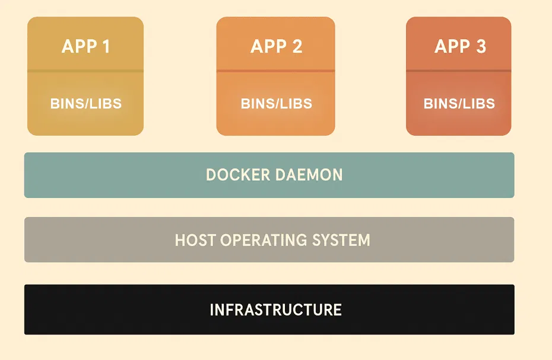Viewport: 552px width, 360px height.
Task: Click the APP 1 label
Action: (x=85, y=46)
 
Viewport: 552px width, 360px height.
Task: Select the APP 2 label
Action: (x=276, y=46)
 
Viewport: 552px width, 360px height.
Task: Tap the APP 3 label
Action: (x=460, y=46)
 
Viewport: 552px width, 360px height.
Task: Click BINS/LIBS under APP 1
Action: (x=85, y=104)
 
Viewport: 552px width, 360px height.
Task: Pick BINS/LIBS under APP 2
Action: (x=276, y=104)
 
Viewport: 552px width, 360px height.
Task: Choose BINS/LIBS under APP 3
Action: (x=459, y=104)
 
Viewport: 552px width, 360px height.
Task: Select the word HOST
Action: (x=195, y=240)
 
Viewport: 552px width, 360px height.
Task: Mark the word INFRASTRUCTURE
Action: (x=275, y=310)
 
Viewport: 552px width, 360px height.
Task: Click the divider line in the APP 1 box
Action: (x=85, y=71)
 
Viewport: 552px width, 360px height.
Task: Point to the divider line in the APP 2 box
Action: (x=275, y=71)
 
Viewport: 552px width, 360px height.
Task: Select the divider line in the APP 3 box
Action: (x=458, y=71)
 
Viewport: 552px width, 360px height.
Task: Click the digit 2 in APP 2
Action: (x=297, y=46)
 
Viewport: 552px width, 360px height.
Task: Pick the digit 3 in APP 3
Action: (x=481, y=46)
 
